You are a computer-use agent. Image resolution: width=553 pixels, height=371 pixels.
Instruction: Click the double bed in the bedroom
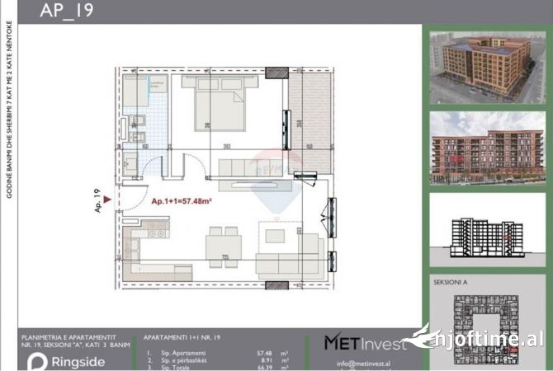tap(217, 110)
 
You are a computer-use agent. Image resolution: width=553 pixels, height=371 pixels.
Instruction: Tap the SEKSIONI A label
tap(451, 282)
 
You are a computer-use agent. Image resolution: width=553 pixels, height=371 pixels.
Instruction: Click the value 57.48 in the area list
tap(265, 352)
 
